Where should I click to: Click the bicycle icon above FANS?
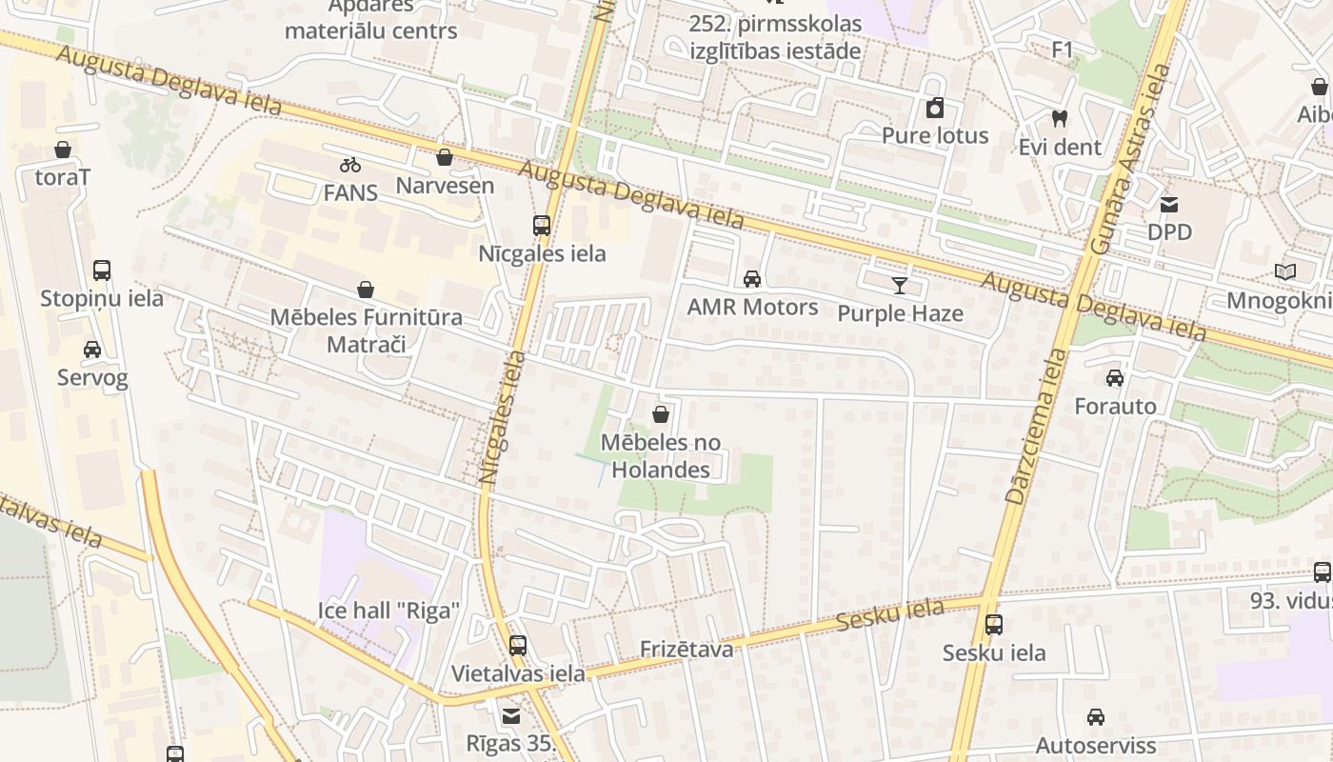pos(350,165)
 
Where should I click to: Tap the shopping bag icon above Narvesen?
pos(444,157)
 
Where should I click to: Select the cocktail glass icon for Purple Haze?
pos(900,285)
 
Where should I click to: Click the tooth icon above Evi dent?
pos(1059,119)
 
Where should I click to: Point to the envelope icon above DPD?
pos(1169,204)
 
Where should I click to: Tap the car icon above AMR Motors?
pos(752,279)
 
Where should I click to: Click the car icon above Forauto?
pos(1115,378)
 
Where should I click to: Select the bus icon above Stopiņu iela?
pos(102,271)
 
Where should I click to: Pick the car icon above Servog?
pos(92,350)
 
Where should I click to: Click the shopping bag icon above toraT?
pos(63,150)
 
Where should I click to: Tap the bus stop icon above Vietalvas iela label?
pos(518,645)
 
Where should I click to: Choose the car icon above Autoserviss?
pos(1096,717)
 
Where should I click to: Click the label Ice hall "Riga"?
pos(388,610)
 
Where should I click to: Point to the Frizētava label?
pos(686,650)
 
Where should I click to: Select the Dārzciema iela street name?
pos(1036,426)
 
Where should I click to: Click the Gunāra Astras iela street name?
pos(1132,157)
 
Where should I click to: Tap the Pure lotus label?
pos(935,135)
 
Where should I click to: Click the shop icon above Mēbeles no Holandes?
pos(661,414)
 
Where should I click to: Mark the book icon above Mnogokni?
pos(1285,272)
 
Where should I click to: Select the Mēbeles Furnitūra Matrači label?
pos(367,331)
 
